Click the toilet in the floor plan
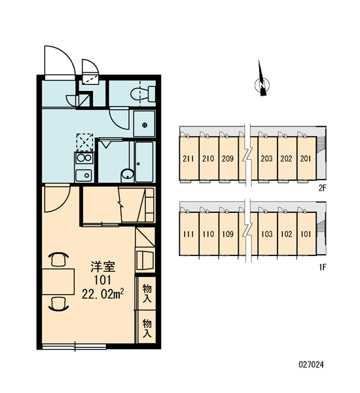point(143,94)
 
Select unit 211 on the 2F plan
point(188,159)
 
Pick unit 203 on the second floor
point(267,159)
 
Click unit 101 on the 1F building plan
point(306,234)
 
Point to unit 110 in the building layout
point(208,234)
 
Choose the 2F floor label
point(323,188)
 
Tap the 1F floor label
point(323,267)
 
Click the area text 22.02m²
point(103,294)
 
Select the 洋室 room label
point(103,267)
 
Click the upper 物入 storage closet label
point(147,293)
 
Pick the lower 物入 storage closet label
point(147,328)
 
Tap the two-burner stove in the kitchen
point(84,158)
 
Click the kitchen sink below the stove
point(84,176)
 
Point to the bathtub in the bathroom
point(144,162)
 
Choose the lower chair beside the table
point(59,304)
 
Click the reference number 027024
point(311,364)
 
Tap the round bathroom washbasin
point(128,174)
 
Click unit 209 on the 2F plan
point(228,159)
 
